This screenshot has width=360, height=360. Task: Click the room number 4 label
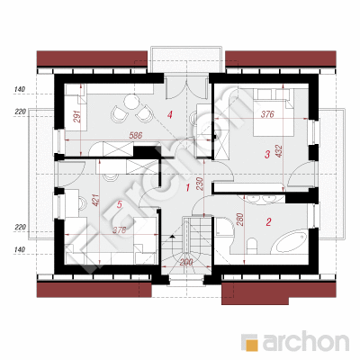pos(170,114)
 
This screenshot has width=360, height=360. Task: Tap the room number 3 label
pos(267,155)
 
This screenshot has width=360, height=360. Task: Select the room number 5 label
pos(120,205)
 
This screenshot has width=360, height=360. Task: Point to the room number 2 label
pos(268,222)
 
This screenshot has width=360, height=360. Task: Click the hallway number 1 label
pos(188,188)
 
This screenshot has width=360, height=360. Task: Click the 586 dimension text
pos(135,135)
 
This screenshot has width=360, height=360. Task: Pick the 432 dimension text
pos(279,152)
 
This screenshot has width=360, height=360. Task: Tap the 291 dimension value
pos(77,116)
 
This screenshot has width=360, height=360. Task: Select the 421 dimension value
pos(95,200)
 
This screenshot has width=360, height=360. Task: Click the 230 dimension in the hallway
pos(200,184)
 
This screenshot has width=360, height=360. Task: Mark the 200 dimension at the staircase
pos(186,263)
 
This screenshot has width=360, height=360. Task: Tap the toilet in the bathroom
pos(252,245)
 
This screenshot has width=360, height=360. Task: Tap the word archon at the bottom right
pos(306,342)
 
